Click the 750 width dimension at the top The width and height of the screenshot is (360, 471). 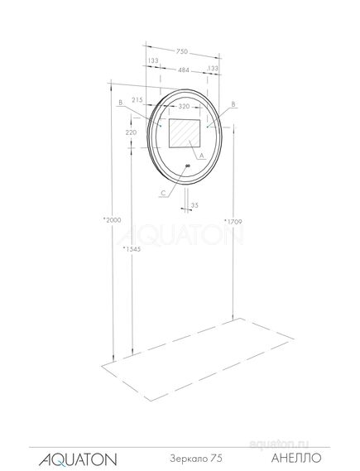pyautogui.click(x=181, y=50)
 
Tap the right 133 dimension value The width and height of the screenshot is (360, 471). pyautogui.click(x=214, y=69)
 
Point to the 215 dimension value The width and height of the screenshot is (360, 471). pyautogui.click(x=137, y=100)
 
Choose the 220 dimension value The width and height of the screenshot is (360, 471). pyautogui.click(x=131, y=132)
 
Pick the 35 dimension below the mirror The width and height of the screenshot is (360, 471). pyautogui.click(x=194, y=204)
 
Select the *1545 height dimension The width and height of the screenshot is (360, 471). pyautogui.click(x=131, y=248)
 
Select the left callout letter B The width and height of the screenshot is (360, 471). pyautogui.click(x=121, y=103)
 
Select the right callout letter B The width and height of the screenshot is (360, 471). pyautogui.click(x=234, y=105)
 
